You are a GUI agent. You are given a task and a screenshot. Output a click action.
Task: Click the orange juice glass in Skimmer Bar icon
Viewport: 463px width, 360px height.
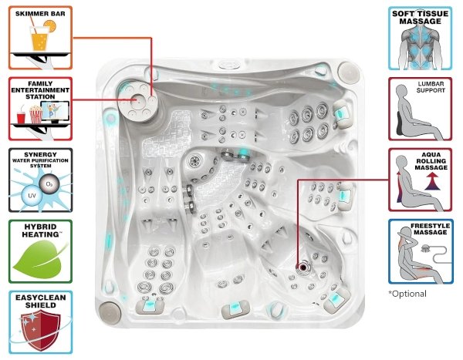(39, 39)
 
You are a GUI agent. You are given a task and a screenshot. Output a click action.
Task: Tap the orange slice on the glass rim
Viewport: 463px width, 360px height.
(49, 25)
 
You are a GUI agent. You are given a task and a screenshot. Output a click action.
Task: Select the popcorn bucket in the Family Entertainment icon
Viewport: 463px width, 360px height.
(35, 115)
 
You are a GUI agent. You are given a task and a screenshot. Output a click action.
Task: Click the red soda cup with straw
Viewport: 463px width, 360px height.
(21, 117)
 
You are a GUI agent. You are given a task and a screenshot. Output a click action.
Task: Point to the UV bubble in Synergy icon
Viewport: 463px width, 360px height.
(32, 195)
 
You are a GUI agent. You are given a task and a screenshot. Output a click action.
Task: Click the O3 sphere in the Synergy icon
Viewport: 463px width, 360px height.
(49, 184)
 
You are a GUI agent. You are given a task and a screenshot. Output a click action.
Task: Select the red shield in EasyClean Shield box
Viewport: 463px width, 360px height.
(40, 330)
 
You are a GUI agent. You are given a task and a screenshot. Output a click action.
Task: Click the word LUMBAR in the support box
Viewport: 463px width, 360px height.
(431, 84)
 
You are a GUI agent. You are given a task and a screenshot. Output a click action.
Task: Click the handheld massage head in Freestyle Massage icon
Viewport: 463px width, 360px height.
(425, 248)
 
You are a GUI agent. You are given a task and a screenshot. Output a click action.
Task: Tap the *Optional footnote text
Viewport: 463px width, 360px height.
(407, 294)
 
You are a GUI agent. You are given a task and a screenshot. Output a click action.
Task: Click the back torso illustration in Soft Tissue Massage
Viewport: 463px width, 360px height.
(420, 47)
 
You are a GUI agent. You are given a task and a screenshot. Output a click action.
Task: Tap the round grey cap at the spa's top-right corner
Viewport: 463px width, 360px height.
(348, 72)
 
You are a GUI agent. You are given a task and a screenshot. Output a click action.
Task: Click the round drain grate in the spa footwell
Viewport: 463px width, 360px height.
(194, 161)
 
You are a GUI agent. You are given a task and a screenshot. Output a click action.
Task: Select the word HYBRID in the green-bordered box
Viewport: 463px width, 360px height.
(40, 227)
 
